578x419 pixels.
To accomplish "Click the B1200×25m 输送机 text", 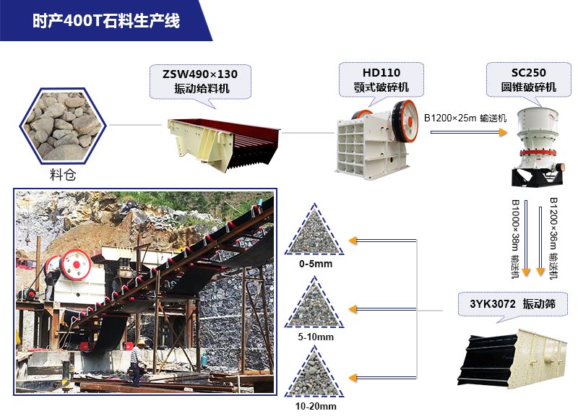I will pyautogui.click(x=465, y=118).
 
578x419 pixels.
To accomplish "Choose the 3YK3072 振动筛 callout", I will pyautogui.click(x=512, y=304).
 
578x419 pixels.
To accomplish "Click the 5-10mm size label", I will pyautogui.click(x=314, y=337).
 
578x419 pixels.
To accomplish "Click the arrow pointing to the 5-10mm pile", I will pyautogui.click(x=383, y=309).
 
